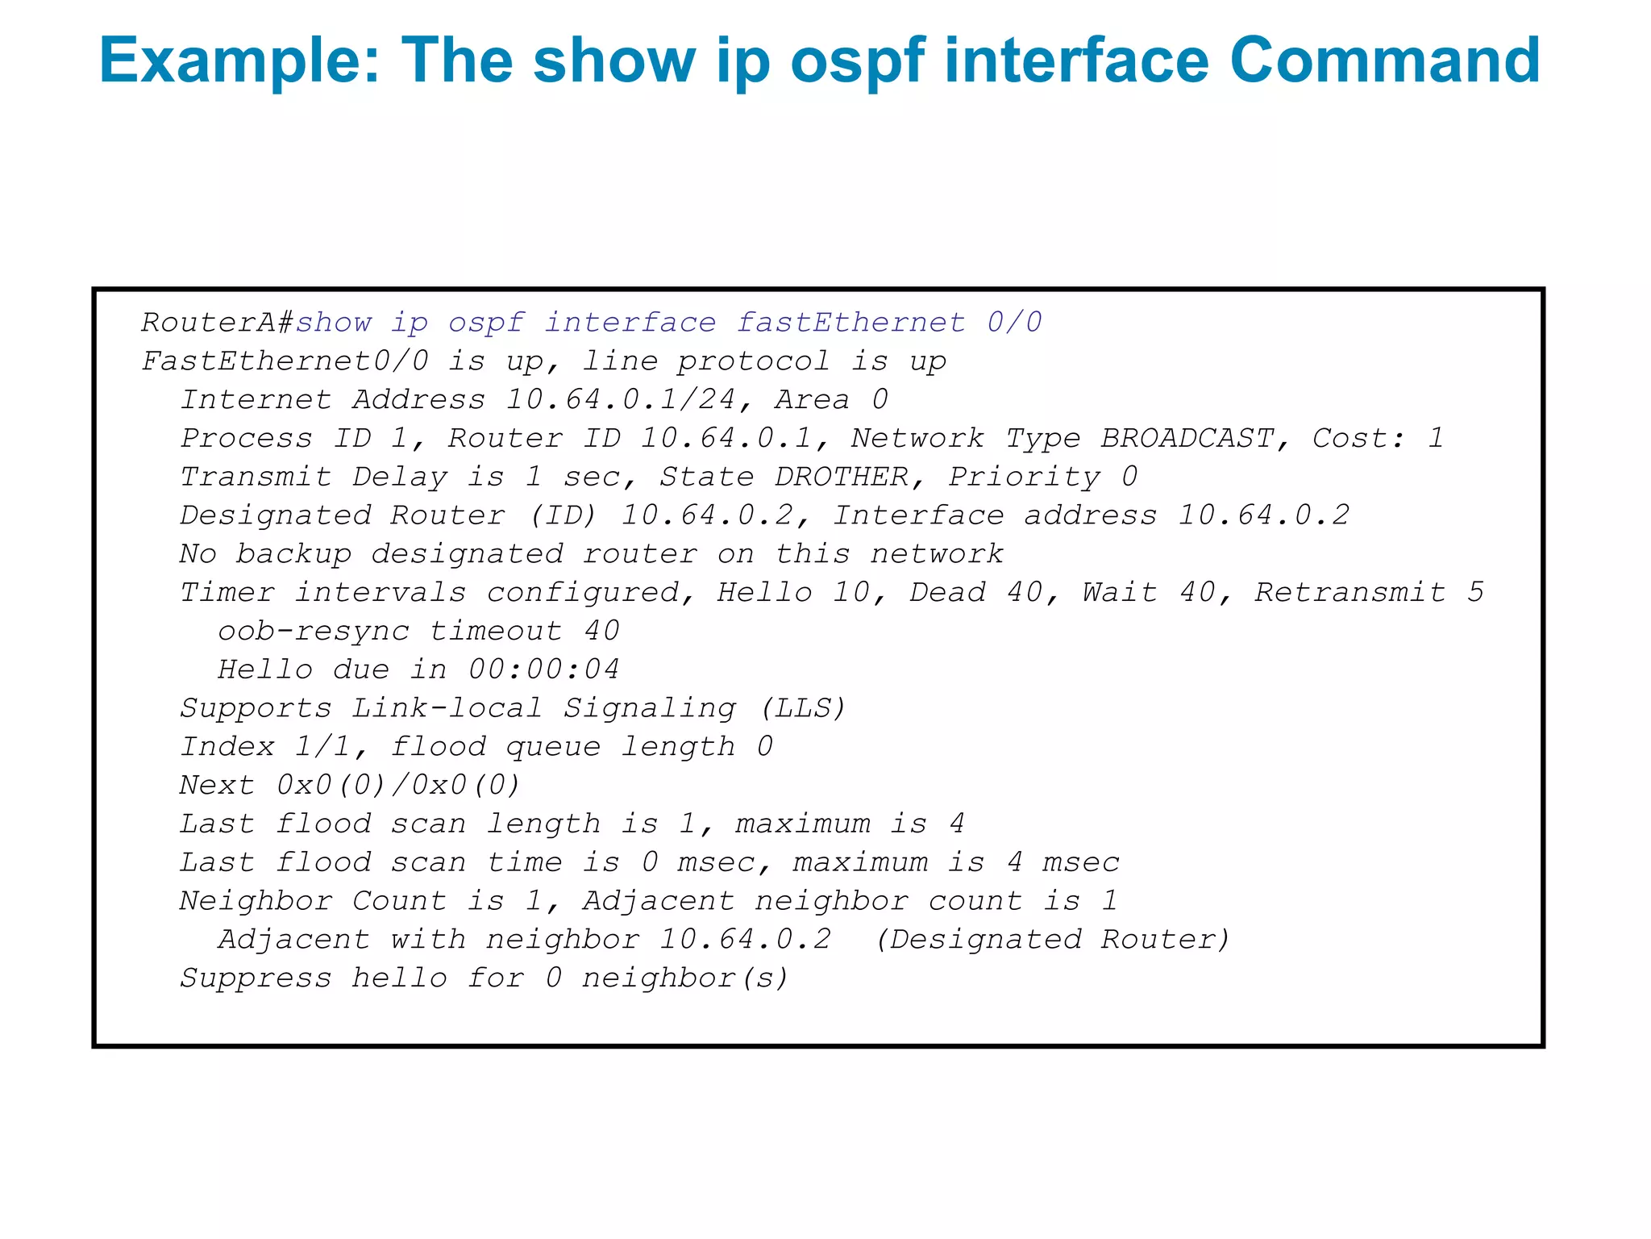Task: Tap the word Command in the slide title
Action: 1384,61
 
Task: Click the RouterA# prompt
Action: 217,323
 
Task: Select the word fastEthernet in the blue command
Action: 850,323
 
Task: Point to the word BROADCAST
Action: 1187,438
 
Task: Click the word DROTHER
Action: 841,477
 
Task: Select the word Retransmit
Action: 1350,592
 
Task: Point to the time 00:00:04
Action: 544,670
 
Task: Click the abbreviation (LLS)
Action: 803,708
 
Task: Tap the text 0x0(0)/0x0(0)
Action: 399,785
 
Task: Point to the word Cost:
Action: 1358,438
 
